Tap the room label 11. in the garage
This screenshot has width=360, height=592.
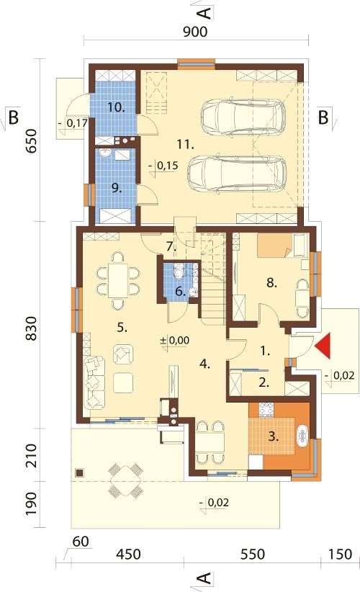186,144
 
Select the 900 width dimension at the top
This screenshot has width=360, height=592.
195,32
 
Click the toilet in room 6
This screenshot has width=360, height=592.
179,271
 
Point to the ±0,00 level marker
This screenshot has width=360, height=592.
175,340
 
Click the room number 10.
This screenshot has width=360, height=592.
116,107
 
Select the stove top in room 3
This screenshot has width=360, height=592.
266,410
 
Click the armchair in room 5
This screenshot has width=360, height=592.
123,354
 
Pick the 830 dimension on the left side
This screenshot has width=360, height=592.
32,328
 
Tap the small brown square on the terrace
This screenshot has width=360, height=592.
79,472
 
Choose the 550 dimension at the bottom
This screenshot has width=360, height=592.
253,554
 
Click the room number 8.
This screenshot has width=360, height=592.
271,282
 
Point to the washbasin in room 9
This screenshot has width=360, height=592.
105,153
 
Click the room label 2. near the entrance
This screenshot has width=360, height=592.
264,383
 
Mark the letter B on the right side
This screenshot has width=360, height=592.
323,117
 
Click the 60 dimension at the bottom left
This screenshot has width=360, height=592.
81,542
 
